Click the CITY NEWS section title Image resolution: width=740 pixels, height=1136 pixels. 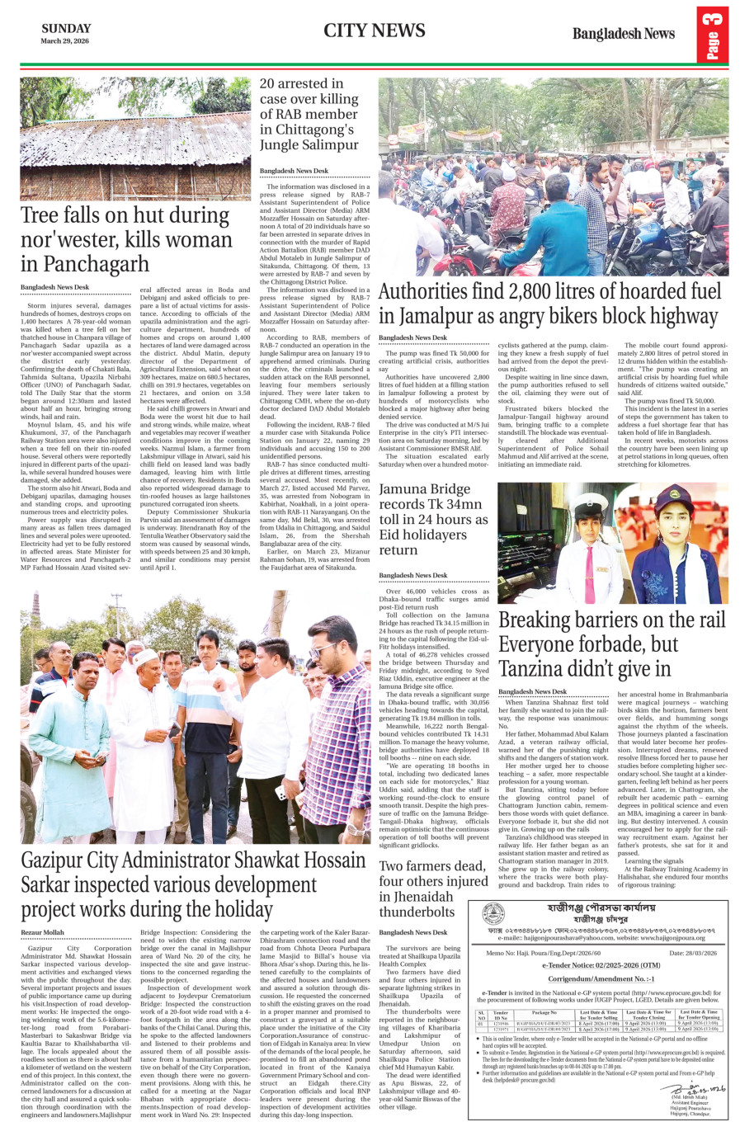[x=374, y=31]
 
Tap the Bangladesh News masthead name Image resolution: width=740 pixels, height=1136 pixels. [x=623, y=34]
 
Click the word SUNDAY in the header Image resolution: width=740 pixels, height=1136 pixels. [x=66, y=29]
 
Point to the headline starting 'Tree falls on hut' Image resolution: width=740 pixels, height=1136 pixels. [x=126, y=239]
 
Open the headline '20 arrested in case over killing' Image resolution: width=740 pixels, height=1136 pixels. [x=309, y=114]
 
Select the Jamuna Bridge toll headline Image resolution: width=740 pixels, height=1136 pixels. [x=433, y=519]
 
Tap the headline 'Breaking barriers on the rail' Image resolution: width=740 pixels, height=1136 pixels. [x=611, y=644]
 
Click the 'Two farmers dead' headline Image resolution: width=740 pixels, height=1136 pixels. [x=433, y=889]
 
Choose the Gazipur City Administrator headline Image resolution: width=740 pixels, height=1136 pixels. [x=193, y=885]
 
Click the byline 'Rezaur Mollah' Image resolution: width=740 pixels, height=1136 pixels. [x=42, y=932]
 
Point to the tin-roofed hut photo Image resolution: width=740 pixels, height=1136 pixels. [x=135, y=140]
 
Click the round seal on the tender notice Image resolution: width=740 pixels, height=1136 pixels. [x=493, y=914]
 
